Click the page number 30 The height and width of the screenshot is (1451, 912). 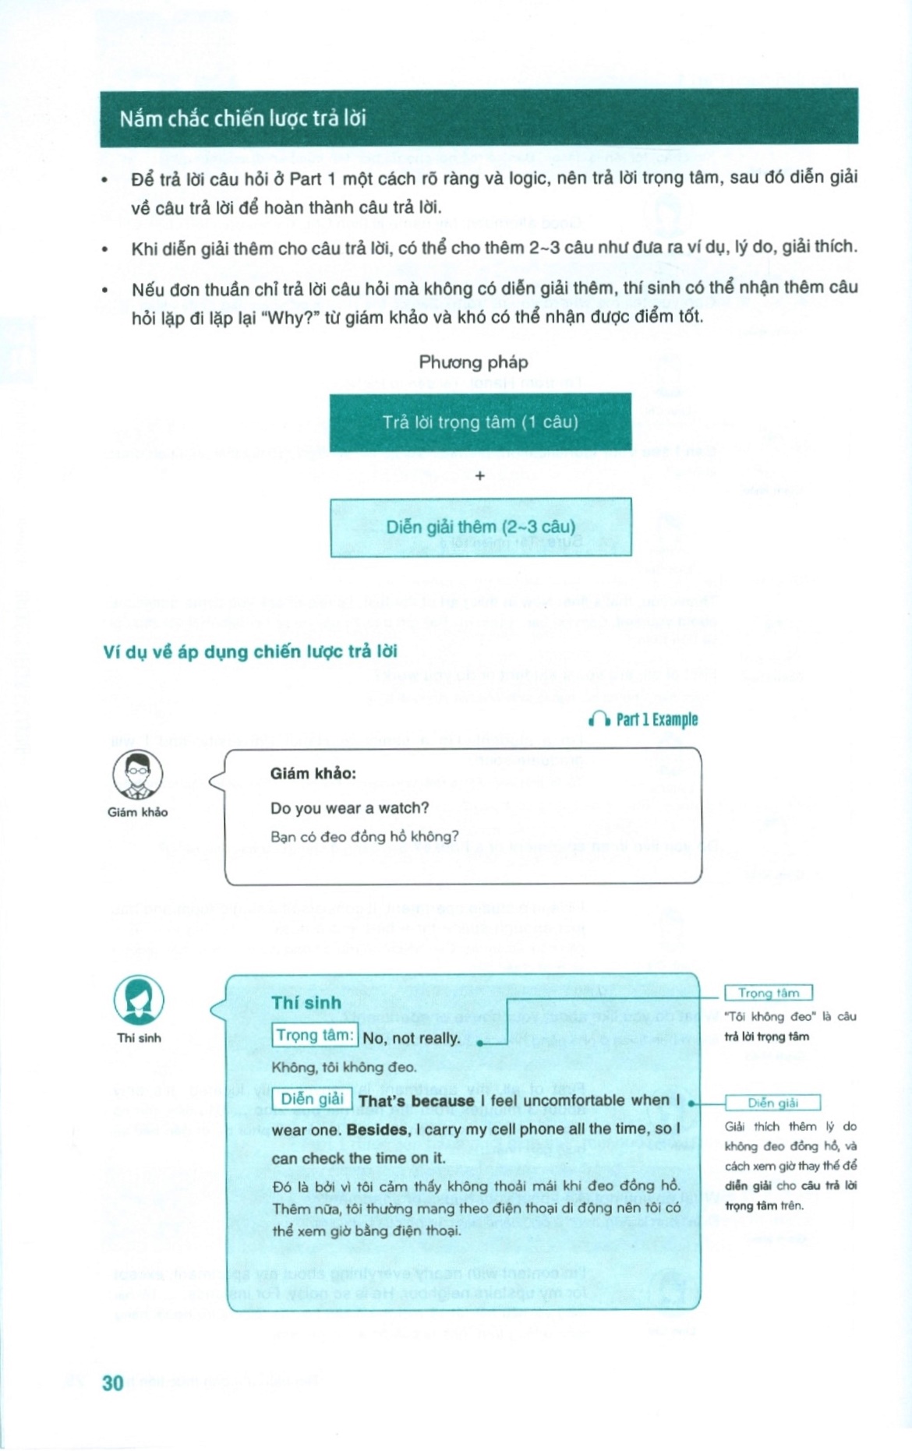click(113, 1382)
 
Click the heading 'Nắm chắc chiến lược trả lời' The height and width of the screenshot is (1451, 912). click(242, 118)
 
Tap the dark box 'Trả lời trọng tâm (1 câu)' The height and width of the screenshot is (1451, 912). click(480, 422)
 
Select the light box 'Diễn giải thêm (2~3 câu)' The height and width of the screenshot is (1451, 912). click(480, 527)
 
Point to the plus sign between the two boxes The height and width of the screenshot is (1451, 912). click(480, 475)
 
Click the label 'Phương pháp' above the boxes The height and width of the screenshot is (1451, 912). click(473, 362)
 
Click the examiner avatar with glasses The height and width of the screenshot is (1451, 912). click(138, 775)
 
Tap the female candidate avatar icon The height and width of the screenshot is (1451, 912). click(139, 1000)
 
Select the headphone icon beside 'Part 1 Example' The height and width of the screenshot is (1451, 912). click(599, 719)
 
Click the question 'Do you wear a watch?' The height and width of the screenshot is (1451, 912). click(349, 808)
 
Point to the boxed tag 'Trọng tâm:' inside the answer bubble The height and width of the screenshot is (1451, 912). click(315, 1036)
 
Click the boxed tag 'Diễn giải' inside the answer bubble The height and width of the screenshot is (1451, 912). click(312, 1100)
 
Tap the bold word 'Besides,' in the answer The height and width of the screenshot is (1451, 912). click(378, 1129)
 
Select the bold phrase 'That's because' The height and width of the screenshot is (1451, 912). click(416, 1101)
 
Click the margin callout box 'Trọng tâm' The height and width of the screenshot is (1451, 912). click(769, 993)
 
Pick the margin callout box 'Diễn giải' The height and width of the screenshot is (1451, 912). click(772, 1103)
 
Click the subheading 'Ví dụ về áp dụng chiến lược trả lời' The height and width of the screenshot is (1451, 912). click(250, 652)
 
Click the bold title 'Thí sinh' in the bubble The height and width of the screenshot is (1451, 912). click(306, 1003)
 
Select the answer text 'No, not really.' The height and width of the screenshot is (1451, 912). click(412, 1039)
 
